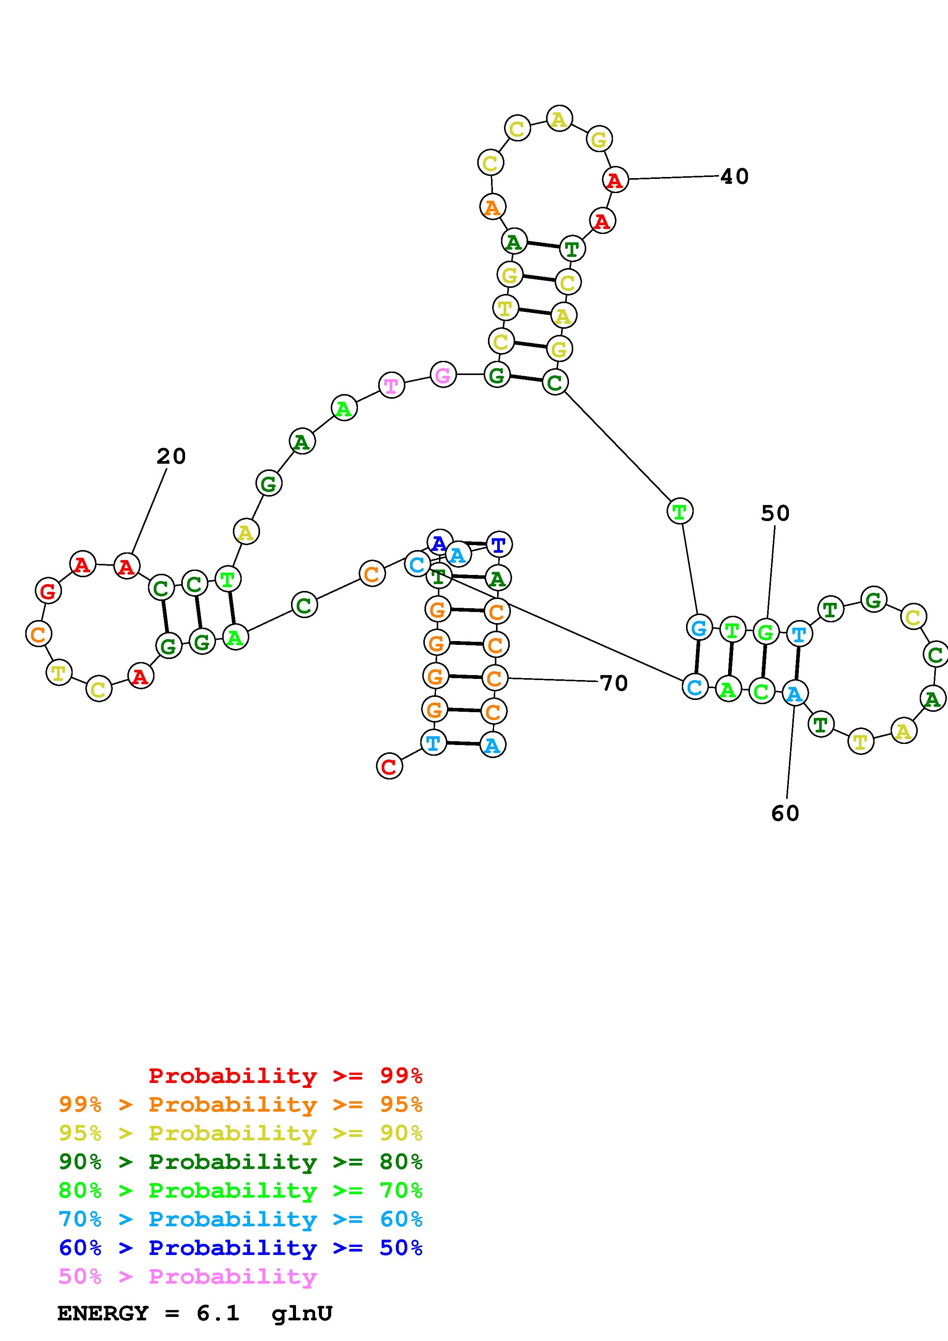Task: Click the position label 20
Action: (171, 457)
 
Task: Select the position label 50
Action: (775, 514)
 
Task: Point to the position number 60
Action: (785, 813)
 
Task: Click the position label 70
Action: (614, 683)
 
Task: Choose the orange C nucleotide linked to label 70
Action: (495, 678)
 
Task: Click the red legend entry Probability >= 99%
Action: (285, 1076)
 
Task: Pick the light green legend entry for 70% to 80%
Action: (241, 1190)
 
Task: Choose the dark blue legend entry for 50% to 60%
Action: (241, 1248)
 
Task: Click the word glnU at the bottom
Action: (302, 1313)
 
